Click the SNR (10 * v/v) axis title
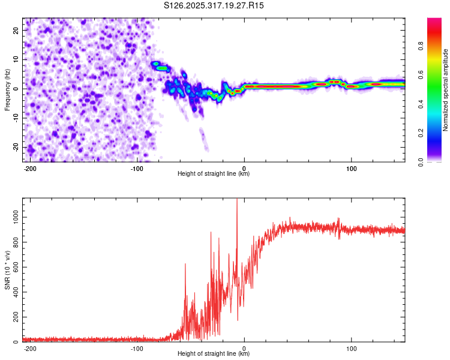click(8, 269)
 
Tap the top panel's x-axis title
click(214, 173)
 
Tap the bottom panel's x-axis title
click(214, 353)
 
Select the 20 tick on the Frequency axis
click(16, 30)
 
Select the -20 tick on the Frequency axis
click(15, 147)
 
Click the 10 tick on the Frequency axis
click(16, 59)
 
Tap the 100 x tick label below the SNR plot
click(351, 348)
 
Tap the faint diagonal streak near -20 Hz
click(203, 139)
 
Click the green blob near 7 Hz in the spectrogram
click(162, 68)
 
